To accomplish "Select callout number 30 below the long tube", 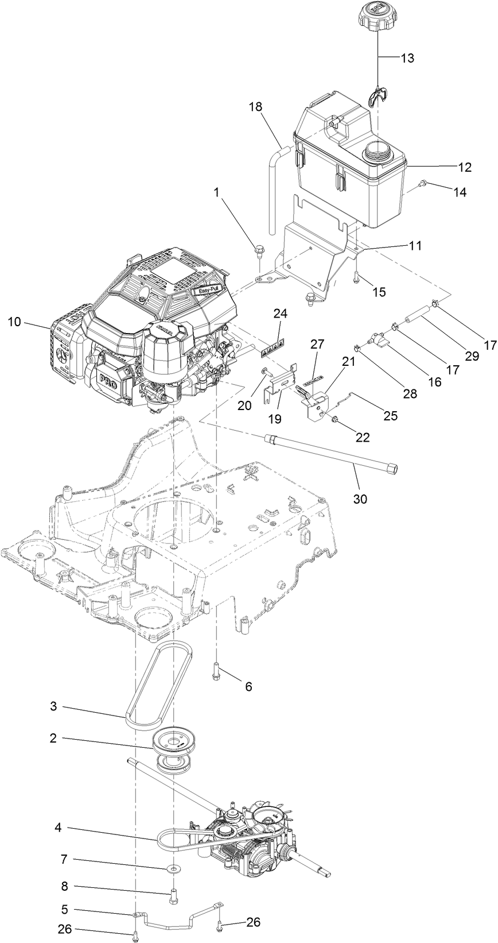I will [360, 499].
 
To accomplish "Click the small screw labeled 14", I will [422, 183].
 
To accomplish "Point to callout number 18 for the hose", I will [256, 107].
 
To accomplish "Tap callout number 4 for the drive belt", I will [58, 829].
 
